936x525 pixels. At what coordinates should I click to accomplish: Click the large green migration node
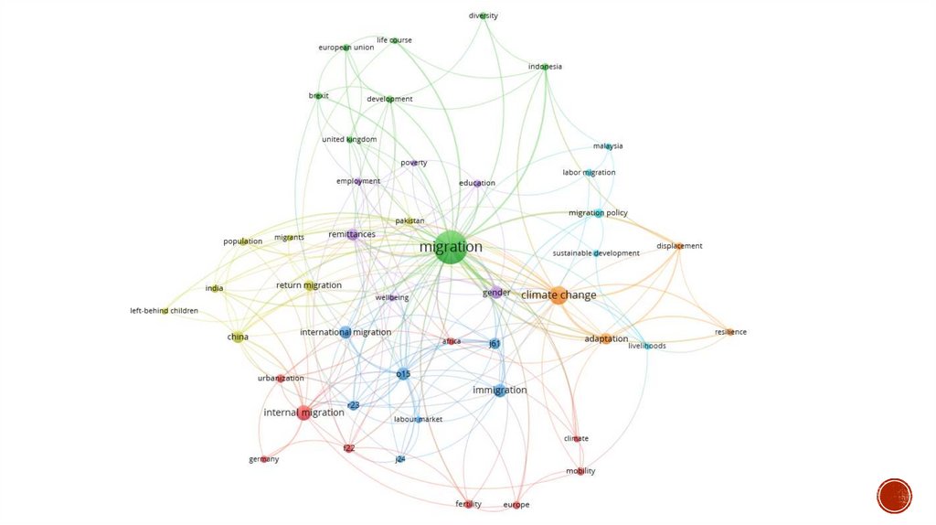click(x=451, y=247)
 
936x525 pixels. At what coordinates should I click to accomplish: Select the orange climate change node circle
click(x=558, y=295)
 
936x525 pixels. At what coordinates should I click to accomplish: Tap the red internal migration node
click(x=303, y=412)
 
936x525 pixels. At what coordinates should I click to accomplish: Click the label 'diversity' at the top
click(x=484, y=16)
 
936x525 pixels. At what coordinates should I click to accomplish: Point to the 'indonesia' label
click(x=545, y=67)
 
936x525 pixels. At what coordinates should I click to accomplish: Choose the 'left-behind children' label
click(x=164, y=311)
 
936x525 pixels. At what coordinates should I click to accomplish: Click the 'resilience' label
click(x=730, y=332)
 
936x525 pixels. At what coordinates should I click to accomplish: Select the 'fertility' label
click(x=468, y=504)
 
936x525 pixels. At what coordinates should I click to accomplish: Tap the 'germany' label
click(x=264, y=459)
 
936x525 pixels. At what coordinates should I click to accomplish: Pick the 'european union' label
click(x=346, y=48)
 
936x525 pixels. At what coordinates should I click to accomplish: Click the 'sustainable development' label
click(x=596, y=253)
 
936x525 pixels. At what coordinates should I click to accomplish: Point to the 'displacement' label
click(x=679, y=246)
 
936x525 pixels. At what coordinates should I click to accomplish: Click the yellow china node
click(x=238, y=337)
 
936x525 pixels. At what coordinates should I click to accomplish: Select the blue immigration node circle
click(x=500, y=391)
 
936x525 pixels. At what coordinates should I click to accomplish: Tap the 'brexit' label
click(x=318, y=96)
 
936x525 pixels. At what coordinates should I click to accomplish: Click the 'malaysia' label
click(x=608, y=146)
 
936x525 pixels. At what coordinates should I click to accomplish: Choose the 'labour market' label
click(x=418, y=420)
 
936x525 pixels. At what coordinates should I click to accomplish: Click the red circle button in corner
click(x=894, y=496)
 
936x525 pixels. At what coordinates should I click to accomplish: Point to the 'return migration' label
click(x=309, y=285)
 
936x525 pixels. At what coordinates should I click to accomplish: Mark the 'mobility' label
click(x=580, y=471)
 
